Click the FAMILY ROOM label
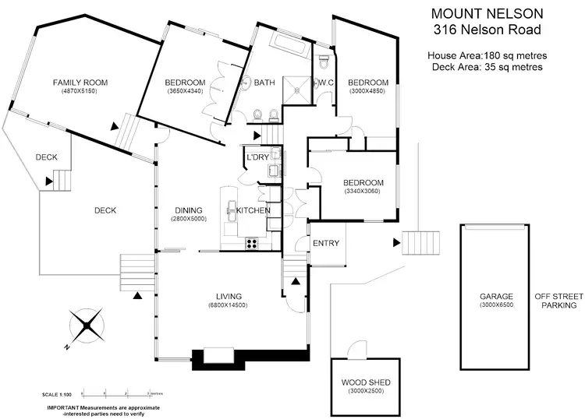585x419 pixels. [x=80, y=82]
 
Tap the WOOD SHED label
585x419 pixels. [x=366, y=382]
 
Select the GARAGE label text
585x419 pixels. [x=496, y=297]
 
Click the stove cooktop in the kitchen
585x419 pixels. [x=253, y=242]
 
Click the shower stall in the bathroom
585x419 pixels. [x=296, y=88]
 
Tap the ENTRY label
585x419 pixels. [x=325, y=243]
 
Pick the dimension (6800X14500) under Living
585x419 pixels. [x=229, y=305]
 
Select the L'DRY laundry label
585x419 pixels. [x=257, y=157]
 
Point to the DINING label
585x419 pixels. [x=189, y=210]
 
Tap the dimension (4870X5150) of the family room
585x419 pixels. [x=80, y=91]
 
